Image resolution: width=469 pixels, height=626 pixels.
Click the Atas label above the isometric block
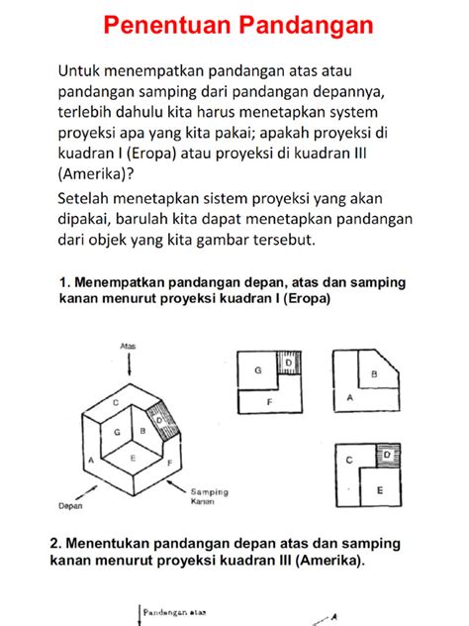coord(127,347)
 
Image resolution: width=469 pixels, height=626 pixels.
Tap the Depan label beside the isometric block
coord(69,505)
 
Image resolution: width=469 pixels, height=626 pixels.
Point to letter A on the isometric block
coord(91,460)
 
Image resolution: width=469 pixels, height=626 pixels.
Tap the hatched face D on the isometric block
coord(161,420)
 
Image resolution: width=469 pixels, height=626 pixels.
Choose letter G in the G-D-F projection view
coord(258,369)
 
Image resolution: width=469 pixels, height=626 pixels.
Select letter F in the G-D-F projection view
coord(270,401)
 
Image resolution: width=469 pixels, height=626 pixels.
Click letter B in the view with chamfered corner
coord(374,374)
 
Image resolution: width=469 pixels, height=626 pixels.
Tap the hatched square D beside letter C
coord(388,455)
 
